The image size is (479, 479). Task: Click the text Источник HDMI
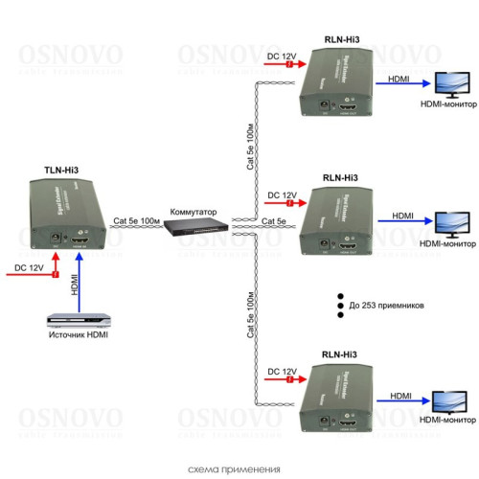point(76,336)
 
